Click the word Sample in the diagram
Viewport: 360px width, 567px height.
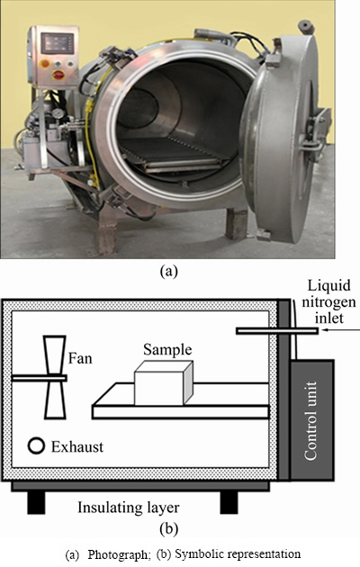pyautogui.click(x=167, y=350)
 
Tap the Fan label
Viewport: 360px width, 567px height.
pyautogui.click(x=80, y=358)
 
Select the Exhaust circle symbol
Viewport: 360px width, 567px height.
pyautogui.click(x=36, y=445)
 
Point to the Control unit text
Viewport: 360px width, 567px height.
pyautogui.click(x=310, y=420)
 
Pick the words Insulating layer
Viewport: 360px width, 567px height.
pyautogui.click(x=129, y=508)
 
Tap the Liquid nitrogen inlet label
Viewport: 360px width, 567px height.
pyautogui.click(x=328, y=301)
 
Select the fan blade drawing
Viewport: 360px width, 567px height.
pyautogui.click(x=55, y=377)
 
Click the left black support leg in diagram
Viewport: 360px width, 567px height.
pyautogui.click(x=36, y=502)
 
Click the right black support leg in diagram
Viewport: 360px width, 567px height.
pyautogui.click(x=229, y=502)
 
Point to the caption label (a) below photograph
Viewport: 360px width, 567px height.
pyautogui.click(x=168, y=271)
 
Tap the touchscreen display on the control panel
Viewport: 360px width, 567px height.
pyautogui.click(x=58, y=43)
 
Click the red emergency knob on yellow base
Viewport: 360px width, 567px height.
pyautogui.click(x=58, y=75)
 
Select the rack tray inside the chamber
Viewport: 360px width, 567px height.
pyautogui.click(x=173, y=157)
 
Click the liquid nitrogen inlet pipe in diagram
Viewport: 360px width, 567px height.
pyautogui.click(x=277, y=330)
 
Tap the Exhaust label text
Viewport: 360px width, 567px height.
pyautogui.click(x=77, y=447)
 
